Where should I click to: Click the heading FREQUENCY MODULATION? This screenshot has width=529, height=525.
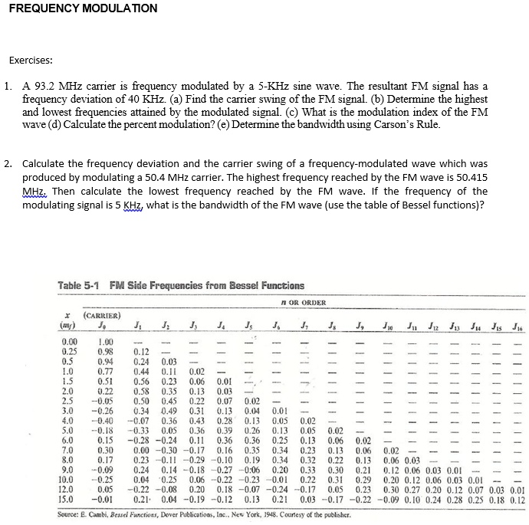coord(84,8)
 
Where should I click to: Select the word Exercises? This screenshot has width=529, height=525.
coord(30,60)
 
